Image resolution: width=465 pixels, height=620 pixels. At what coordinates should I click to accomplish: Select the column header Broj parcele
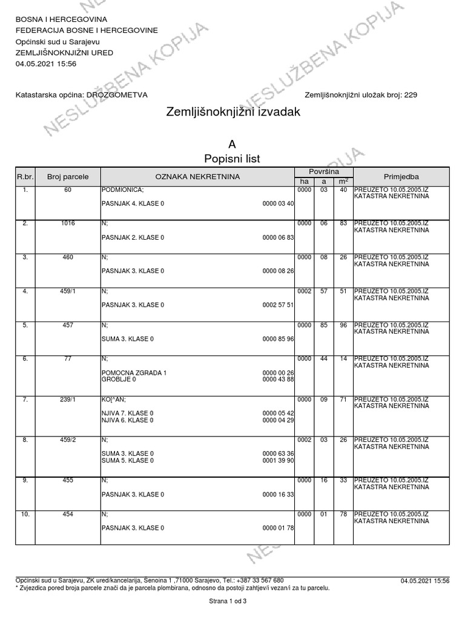(68, 177)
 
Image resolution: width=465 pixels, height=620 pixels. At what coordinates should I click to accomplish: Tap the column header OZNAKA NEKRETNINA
(197, 177)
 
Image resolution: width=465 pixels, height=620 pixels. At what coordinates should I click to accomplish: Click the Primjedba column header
(401, 177)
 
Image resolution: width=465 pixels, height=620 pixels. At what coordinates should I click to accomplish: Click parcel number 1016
(68, 223)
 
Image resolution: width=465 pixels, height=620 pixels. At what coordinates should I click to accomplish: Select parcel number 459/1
(68, 291)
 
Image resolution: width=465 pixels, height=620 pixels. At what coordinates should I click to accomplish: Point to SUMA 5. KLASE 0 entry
(127, 461)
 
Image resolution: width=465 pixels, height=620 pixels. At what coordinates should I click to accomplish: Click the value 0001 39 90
(279, 461)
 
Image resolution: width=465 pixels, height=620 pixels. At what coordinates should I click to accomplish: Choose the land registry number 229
(410, 95)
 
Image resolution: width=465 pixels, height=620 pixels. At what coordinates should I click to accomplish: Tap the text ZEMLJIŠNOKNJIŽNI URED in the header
(64, 53)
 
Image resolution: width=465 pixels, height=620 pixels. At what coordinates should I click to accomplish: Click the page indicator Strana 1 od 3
(228, 602)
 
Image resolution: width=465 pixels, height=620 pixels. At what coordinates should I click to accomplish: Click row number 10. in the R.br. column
(25, 514)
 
